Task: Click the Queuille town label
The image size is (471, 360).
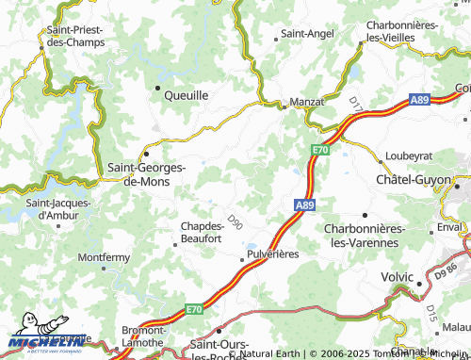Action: tap(187, 95)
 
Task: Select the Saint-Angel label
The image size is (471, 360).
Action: tap(307, 34)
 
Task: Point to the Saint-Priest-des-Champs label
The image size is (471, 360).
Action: tap(73, 36)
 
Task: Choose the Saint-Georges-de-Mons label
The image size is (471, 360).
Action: tap(148, 174)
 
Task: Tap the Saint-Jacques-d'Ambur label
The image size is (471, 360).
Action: tap(58, 208)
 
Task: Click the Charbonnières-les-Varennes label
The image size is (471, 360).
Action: tap(364, 236)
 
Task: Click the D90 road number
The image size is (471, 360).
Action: tap(235, 222)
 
